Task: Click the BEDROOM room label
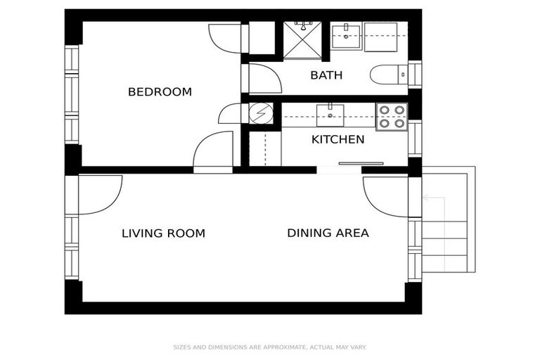[x=160, y=92]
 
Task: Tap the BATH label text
[x=326, y=75]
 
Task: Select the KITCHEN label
[x=337, y=139]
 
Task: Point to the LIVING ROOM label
[x=163, y=233]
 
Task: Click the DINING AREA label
[x=328, y=233]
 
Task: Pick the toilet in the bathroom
[x=386, y=74]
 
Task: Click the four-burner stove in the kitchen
[x=391, y=116]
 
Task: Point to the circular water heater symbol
[x=262, y=114]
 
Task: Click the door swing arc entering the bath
[x=264, y=79]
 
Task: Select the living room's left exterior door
[x=99, y=193]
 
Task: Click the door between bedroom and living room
[x=213, y=150]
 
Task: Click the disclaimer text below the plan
[x=270, y=347]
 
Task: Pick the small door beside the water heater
[x=230, y=114]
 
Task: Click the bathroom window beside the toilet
[x=415, y=74]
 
